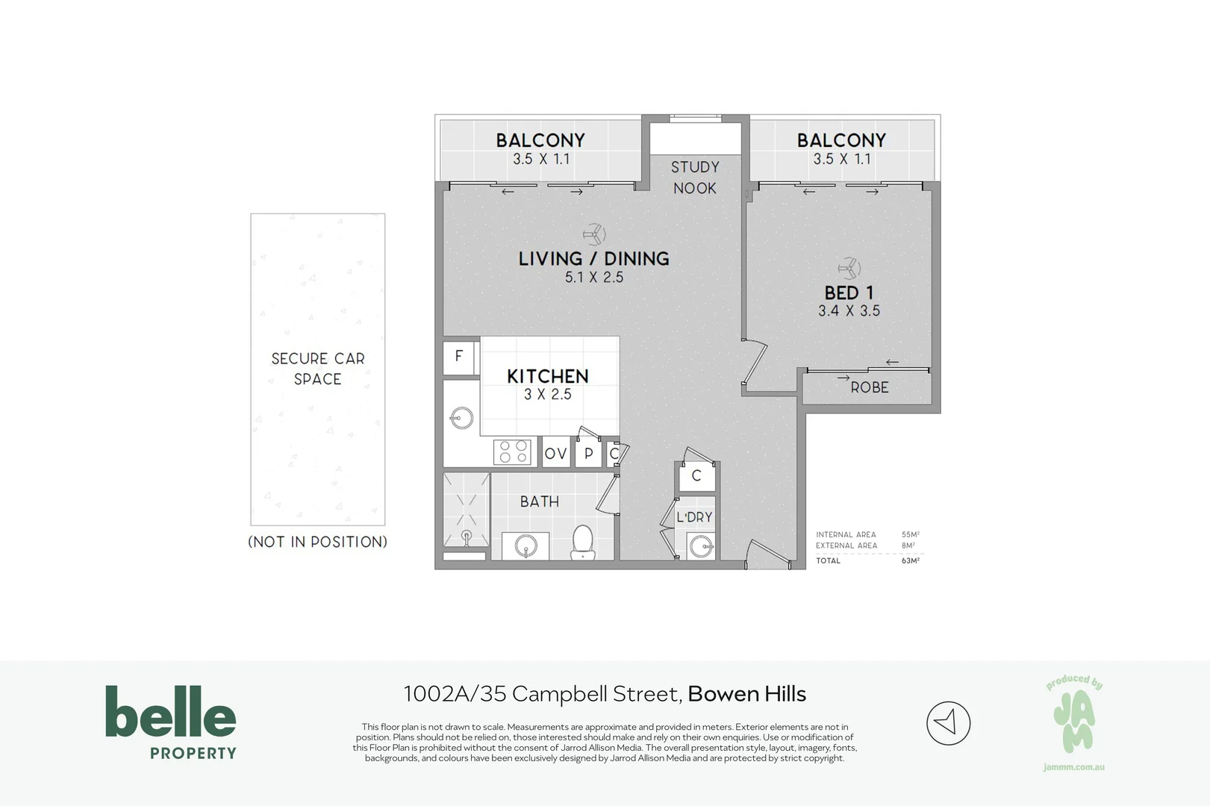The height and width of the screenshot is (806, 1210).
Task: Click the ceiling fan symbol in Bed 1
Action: click(x=849, y=268)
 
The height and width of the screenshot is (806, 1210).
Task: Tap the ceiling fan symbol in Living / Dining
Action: click(x=594, y=234)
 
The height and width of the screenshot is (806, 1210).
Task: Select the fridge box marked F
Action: click(x=458, y=357)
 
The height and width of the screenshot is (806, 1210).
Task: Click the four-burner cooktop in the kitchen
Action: click(x=512, y=452)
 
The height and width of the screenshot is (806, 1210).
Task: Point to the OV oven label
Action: click(x=556, y=454)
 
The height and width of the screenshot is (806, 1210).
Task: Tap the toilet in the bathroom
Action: click(x=583, y=543)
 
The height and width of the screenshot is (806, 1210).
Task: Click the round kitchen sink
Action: click(x=462, y=418)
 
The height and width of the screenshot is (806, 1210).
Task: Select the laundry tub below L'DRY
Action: click(x=701, y=547)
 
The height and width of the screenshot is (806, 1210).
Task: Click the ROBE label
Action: click(x=870, y=387)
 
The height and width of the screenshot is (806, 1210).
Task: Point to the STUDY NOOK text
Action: click(x=695, y=178)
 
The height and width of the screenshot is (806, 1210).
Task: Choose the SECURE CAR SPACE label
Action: click(x=318, y=369)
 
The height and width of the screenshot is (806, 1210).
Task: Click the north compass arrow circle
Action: click(x=949, y=723)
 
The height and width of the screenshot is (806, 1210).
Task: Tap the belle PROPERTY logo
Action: click(x=171, y=722)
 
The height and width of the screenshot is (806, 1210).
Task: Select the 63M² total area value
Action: click(x=911, y=560)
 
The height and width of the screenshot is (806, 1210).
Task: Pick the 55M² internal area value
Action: click(x=911, y=535)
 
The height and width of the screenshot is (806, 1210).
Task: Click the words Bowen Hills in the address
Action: click(x=747, y=694)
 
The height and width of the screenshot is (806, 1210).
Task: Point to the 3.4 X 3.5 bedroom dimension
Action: click(x=849, y=311)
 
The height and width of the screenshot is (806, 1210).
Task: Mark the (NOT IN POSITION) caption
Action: click(x=318, y=542)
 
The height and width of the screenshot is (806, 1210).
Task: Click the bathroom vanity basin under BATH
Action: click(x=526, y=546)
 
